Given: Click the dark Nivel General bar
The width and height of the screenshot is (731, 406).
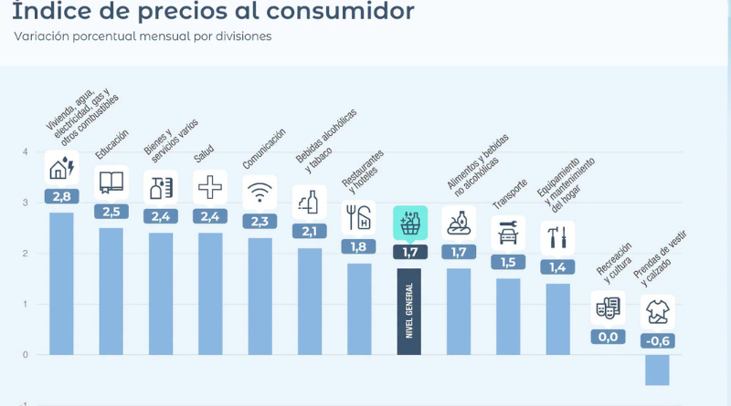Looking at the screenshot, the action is pyautogui.click(x=408, y=311).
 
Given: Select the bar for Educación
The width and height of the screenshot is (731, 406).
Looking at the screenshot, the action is pyautogui.click(x=111, y=291).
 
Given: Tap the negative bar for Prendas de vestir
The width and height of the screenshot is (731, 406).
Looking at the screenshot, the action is pyautogui.click(x=657, y=370).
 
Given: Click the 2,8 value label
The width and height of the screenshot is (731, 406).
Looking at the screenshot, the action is pyautogui.click(x=61, y=196).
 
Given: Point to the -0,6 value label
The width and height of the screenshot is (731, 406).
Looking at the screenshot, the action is pyautogui.click(x=657, y=341).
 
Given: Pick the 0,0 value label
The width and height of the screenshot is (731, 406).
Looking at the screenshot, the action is pyautogui.click(x=608, y=337).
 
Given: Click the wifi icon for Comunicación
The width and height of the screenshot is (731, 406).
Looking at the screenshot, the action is pyautogui.click(x=260, y=193).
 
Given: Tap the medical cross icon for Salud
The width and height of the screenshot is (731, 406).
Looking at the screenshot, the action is pyautogui.click(x=210, y=187).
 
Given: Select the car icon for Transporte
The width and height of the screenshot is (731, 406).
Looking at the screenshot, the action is pyautogui.click(x=508, y=233).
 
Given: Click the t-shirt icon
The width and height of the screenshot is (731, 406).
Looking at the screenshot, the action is pyautogui.click(x=657, y=311).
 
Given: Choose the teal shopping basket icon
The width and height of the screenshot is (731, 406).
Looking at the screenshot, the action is pyautogui.click(x=410, y=223).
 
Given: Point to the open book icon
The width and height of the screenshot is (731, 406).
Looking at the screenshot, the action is pyautogui.click(x=111, y=182).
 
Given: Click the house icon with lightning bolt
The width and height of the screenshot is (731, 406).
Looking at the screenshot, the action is pyautogui.click(x=61, y=168).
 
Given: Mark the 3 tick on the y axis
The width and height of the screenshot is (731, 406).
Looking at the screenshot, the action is pyautogui.click(x=26, y=203).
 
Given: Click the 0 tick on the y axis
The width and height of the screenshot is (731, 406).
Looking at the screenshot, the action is pyautogui.click(x=26, y=355).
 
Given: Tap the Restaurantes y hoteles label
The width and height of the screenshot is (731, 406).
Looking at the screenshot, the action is pyautogui.click(x=363, y=172).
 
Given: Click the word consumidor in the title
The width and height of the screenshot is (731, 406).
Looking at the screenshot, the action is pyautogui.click(x=340, y=12).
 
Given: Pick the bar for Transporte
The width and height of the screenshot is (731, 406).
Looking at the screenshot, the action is pyautogui.click(x=508, y=317).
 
